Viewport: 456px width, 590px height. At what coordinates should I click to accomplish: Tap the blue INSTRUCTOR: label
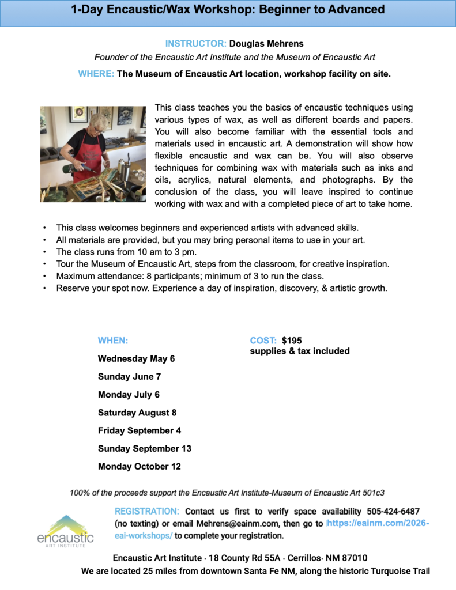click(x=195, y=43)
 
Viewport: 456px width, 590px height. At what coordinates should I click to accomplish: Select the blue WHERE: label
click(x=96, y=74)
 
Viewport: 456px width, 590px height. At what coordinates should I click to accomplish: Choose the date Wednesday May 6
click(x=136, y=358)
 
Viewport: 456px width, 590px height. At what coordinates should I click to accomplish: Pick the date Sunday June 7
click(x=129, y=376)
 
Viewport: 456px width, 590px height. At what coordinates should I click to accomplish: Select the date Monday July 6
click(x=129, y=395)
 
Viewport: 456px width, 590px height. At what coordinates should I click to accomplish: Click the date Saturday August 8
click(x=137, y=413)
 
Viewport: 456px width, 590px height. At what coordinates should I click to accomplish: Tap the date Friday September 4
click(x=140, y=430)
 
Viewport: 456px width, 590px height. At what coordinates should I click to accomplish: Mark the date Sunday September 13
click(x=144, y=448)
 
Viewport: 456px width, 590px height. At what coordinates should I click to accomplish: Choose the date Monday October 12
click(x=139, y=466)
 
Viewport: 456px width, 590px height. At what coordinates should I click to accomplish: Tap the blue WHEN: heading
click(x=113, y=341)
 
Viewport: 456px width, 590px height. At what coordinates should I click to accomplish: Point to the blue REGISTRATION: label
click(x=147, y=512)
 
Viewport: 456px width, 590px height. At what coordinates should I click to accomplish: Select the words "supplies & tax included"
click(x=299, y=351)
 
